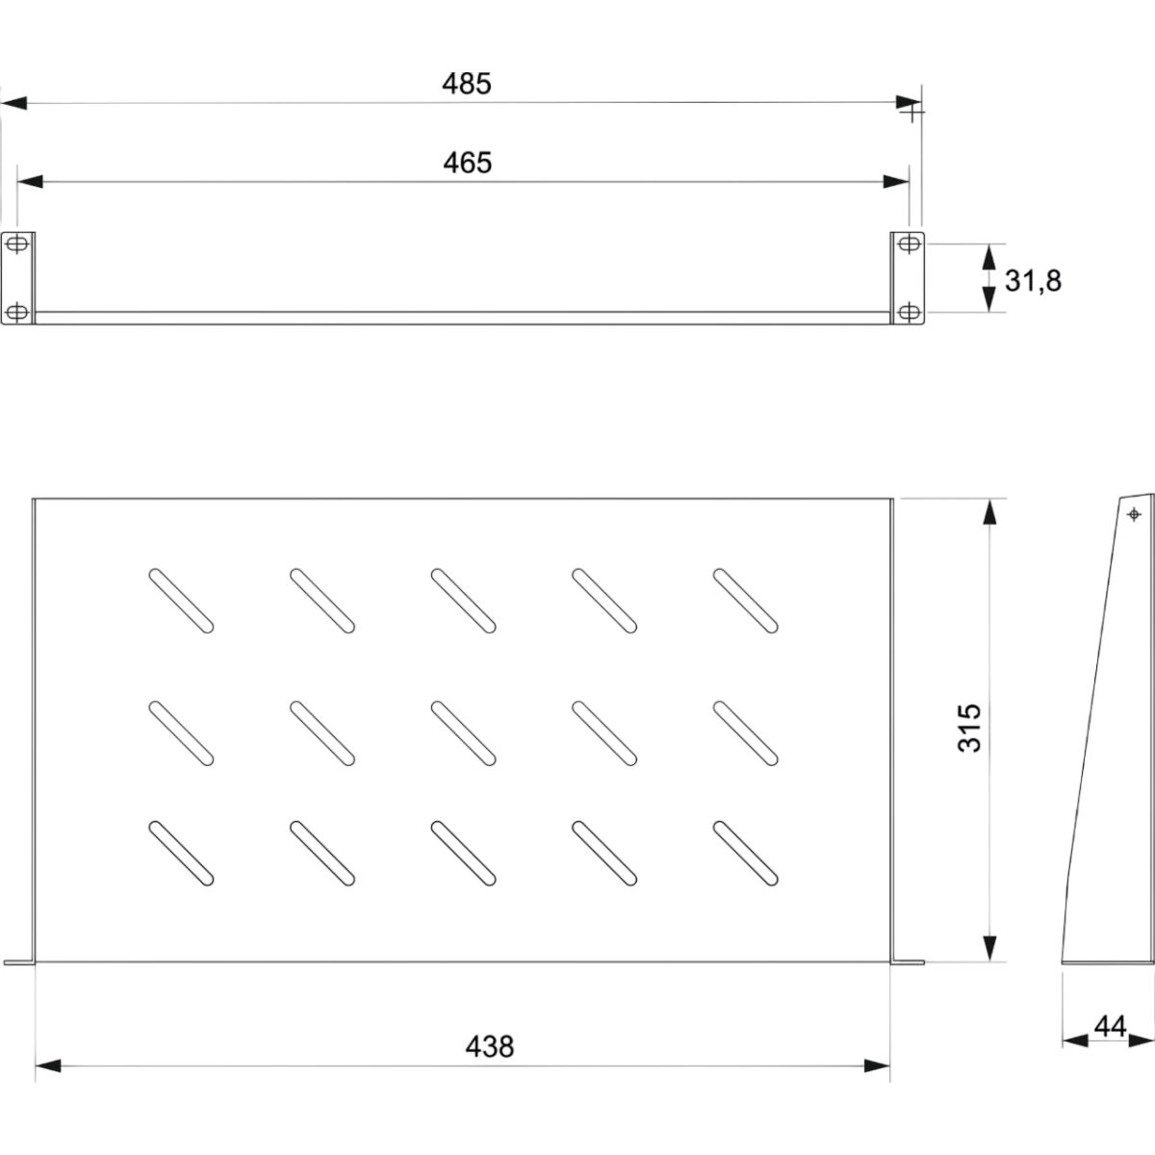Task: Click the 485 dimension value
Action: click(x=466, y=84)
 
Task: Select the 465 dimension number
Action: click(x=468, y=163)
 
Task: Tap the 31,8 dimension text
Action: click(x=1033, y=281)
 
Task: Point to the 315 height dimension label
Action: click(x=969, y=729)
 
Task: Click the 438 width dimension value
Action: click(x=490, y=1046)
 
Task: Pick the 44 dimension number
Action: click(x=1110, y=1027)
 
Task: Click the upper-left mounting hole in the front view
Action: click(x=16, y=244)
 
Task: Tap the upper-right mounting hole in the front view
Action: click(x=910, y=244)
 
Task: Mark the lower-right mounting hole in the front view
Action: click(x=910, y=312)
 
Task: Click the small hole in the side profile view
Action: click(x=1134, y=514)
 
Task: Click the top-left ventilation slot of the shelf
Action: click(x=181, y=601)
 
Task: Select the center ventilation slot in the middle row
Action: click(x=463, y=733)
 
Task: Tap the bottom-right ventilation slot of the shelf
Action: click(x=746, y=854)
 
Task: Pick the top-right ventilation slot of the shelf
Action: click(x=746, y=601)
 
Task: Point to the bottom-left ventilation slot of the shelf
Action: click(x=181, y=854)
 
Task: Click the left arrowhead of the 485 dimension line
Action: click(x=13, y=103)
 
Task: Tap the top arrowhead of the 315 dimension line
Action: click(x=989, y=512)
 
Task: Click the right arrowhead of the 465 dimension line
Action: click(x=896, y=182)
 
